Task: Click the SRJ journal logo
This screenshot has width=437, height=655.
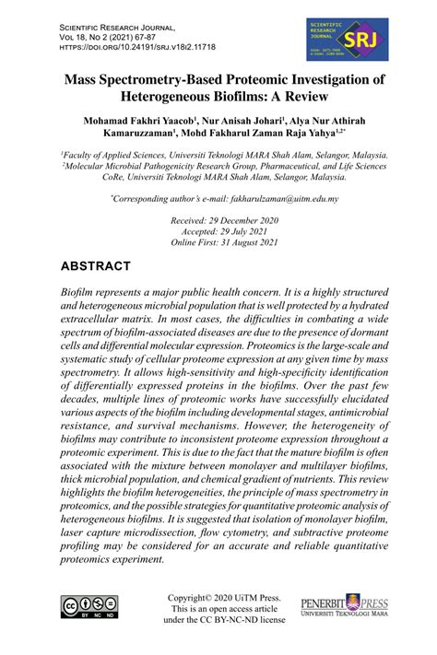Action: [355, 40]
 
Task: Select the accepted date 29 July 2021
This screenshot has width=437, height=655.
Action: [240, 232]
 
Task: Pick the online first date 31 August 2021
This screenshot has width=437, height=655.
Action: [244, 243]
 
